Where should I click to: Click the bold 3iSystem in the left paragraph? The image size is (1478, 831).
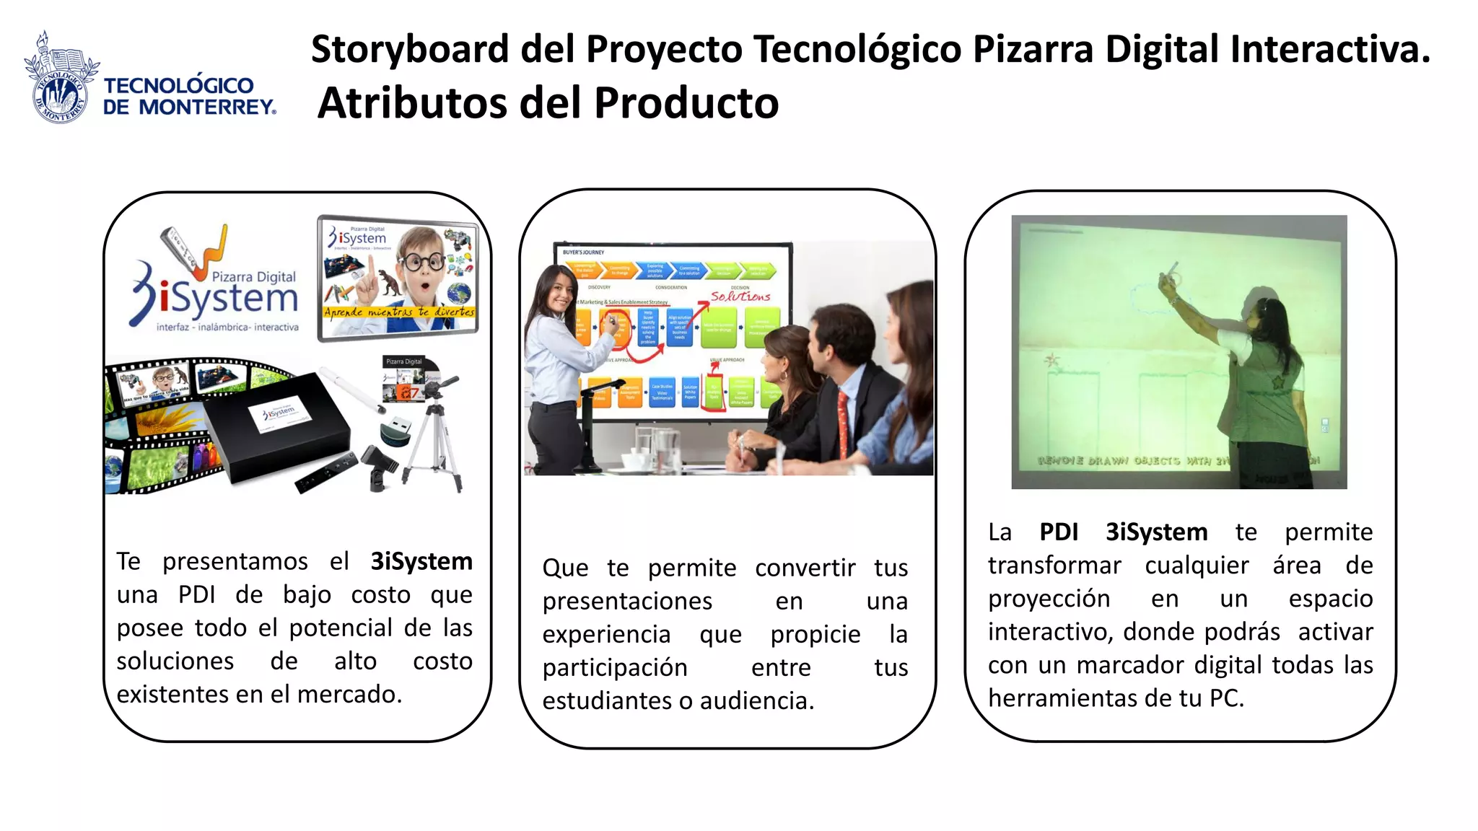tap(421, 561)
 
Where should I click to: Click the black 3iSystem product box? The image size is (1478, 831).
tap(278, 426)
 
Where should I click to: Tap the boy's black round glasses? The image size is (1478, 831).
tap(423, 261)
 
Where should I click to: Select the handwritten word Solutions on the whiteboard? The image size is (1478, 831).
tap(740, 296)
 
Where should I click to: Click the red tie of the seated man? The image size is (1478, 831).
tap(843, 419)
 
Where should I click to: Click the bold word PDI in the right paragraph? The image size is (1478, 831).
tap(1059, 532)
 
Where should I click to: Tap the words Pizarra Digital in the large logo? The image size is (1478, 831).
tap(253, 276)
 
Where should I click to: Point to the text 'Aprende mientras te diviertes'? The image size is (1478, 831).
tap(398, 312)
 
